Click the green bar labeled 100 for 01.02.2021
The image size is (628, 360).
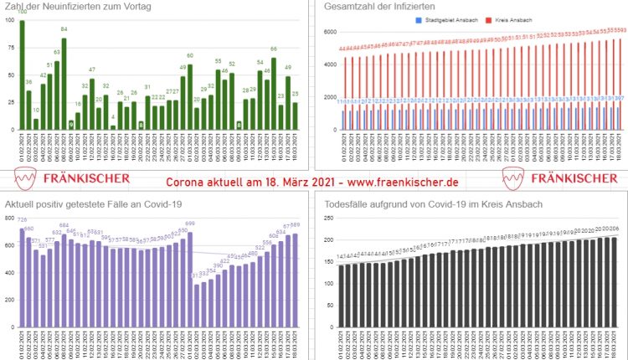(x=23, y=75)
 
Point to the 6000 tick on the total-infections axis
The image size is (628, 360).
(x=328, y=31)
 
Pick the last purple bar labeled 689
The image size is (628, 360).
(x=295, y=277)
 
